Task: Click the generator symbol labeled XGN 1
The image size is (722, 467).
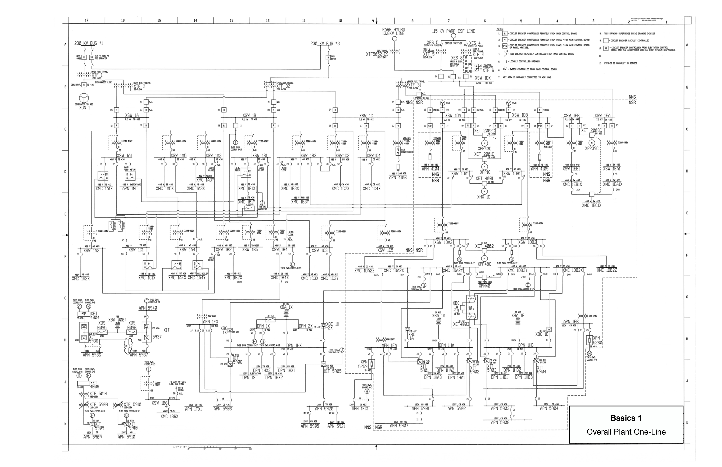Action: coord(84,98)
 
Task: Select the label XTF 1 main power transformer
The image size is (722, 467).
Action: coord(97,75)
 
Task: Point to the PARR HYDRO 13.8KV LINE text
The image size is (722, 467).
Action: coord(394,32)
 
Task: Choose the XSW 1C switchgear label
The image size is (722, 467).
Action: coord(366,116)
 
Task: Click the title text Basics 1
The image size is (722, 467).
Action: coord(626,418)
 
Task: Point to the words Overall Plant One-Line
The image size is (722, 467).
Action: coord(626,432)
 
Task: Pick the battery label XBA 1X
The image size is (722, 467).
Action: coord(286,307)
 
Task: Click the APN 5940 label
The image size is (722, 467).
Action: coord(148,308)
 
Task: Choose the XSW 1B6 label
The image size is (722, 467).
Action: coord(160,403)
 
